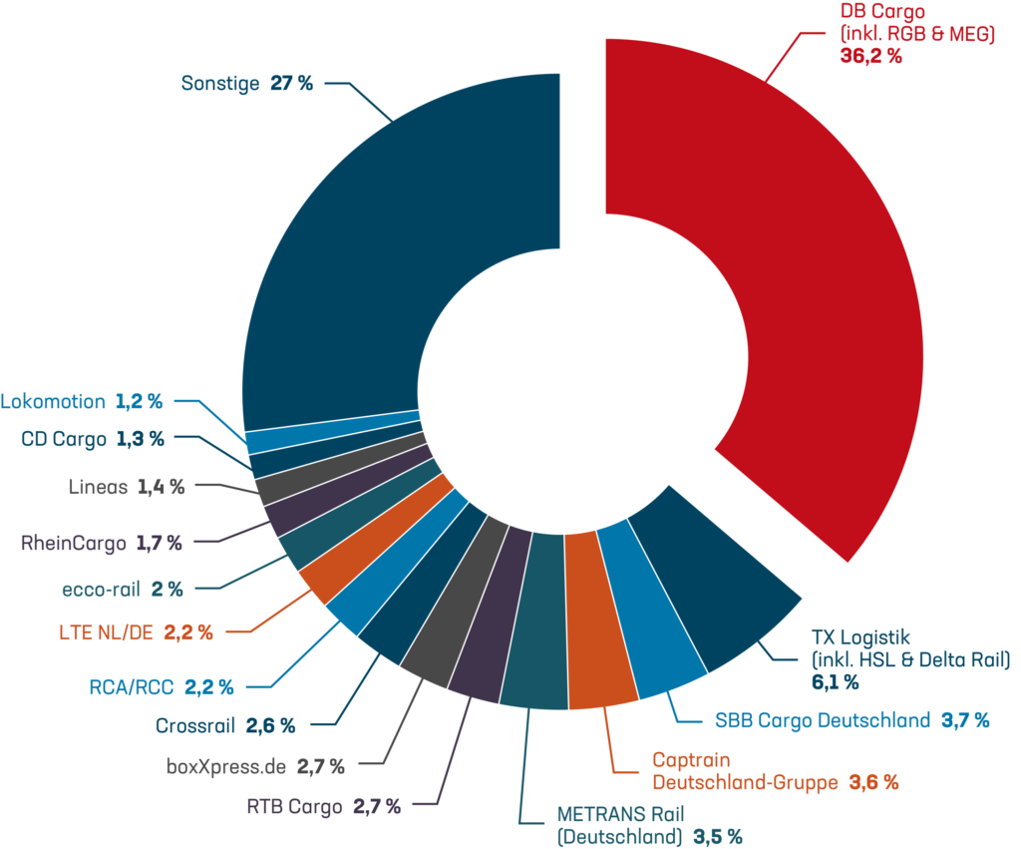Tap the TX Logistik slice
pos(713,589)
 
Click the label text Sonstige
pos(220,83)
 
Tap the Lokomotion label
pos(53,402)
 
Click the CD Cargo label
pos(63,438)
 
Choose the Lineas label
pos(98,488)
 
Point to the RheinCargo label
pos(73,544)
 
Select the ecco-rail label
pos(100,589)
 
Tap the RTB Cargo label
pos(294,806)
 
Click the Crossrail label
pos(195,726)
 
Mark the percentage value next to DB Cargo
pos(870,56)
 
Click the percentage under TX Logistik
pos(836,683)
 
